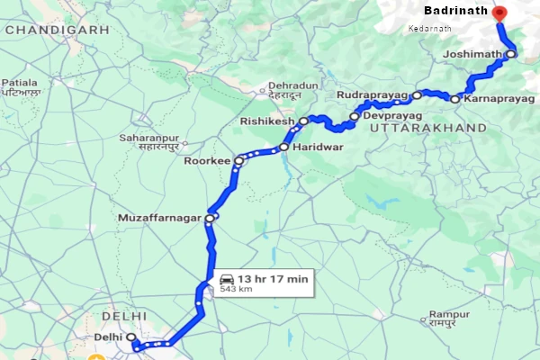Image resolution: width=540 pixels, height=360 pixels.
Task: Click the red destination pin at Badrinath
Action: pyautogui.click(x=500, y=13)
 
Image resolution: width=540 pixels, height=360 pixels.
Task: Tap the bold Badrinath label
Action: pyautogui.click(x=455, y=12)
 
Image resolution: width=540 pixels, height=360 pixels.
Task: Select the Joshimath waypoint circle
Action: pyautogui.click(x=510, y=54)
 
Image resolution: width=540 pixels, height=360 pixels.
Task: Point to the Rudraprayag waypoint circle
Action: pyautogui.click(x=418, y=94)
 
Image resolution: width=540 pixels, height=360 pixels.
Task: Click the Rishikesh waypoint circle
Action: pyautogui.click(x=304, y=120)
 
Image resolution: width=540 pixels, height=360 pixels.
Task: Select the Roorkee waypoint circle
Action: pyautogui.click(x=238, y=161)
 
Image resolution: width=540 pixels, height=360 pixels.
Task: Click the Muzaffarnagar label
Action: pyautogui.click(x=160, y=218)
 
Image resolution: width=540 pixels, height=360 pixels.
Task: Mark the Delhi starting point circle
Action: pyautogui.click(x=131, y=337)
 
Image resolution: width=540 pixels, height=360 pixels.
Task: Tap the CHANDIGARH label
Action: pyautogui.click(x=56, y=30)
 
